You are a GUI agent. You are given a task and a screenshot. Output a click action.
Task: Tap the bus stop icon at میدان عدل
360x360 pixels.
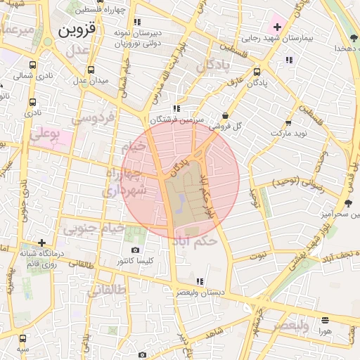click(x=91, y=70)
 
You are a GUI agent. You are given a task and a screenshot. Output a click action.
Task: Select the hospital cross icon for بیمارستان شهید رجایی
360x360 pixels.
click(x=278, y=27)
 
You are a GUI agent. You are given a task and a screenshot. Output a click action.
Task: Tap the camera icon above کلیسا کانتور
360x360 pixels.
click(x=136, y=250)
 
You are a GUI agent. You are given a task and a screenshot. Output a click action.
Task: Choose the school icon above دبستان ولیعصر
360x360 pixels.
click(x=201, y=281)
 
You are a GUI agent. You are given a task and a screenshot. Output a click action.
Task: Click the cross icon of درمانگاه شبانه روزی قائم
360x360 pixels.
click(x=41, y=243)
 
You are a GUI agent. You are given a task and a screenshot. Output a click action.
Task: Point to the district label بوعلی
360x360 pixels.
click(x=44, y=131)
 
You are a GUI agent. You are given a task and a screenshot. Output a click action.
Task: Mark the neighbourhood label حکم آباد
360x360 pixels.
click(x=195, y=240)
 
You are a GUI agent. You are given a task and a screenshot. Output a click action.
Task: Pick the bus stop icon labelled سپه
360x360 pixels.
click(x=23, y=338)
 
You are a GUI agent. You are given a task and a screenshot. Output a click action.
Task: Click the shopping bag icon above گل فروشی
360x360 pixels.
click(x=224, y=116)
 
